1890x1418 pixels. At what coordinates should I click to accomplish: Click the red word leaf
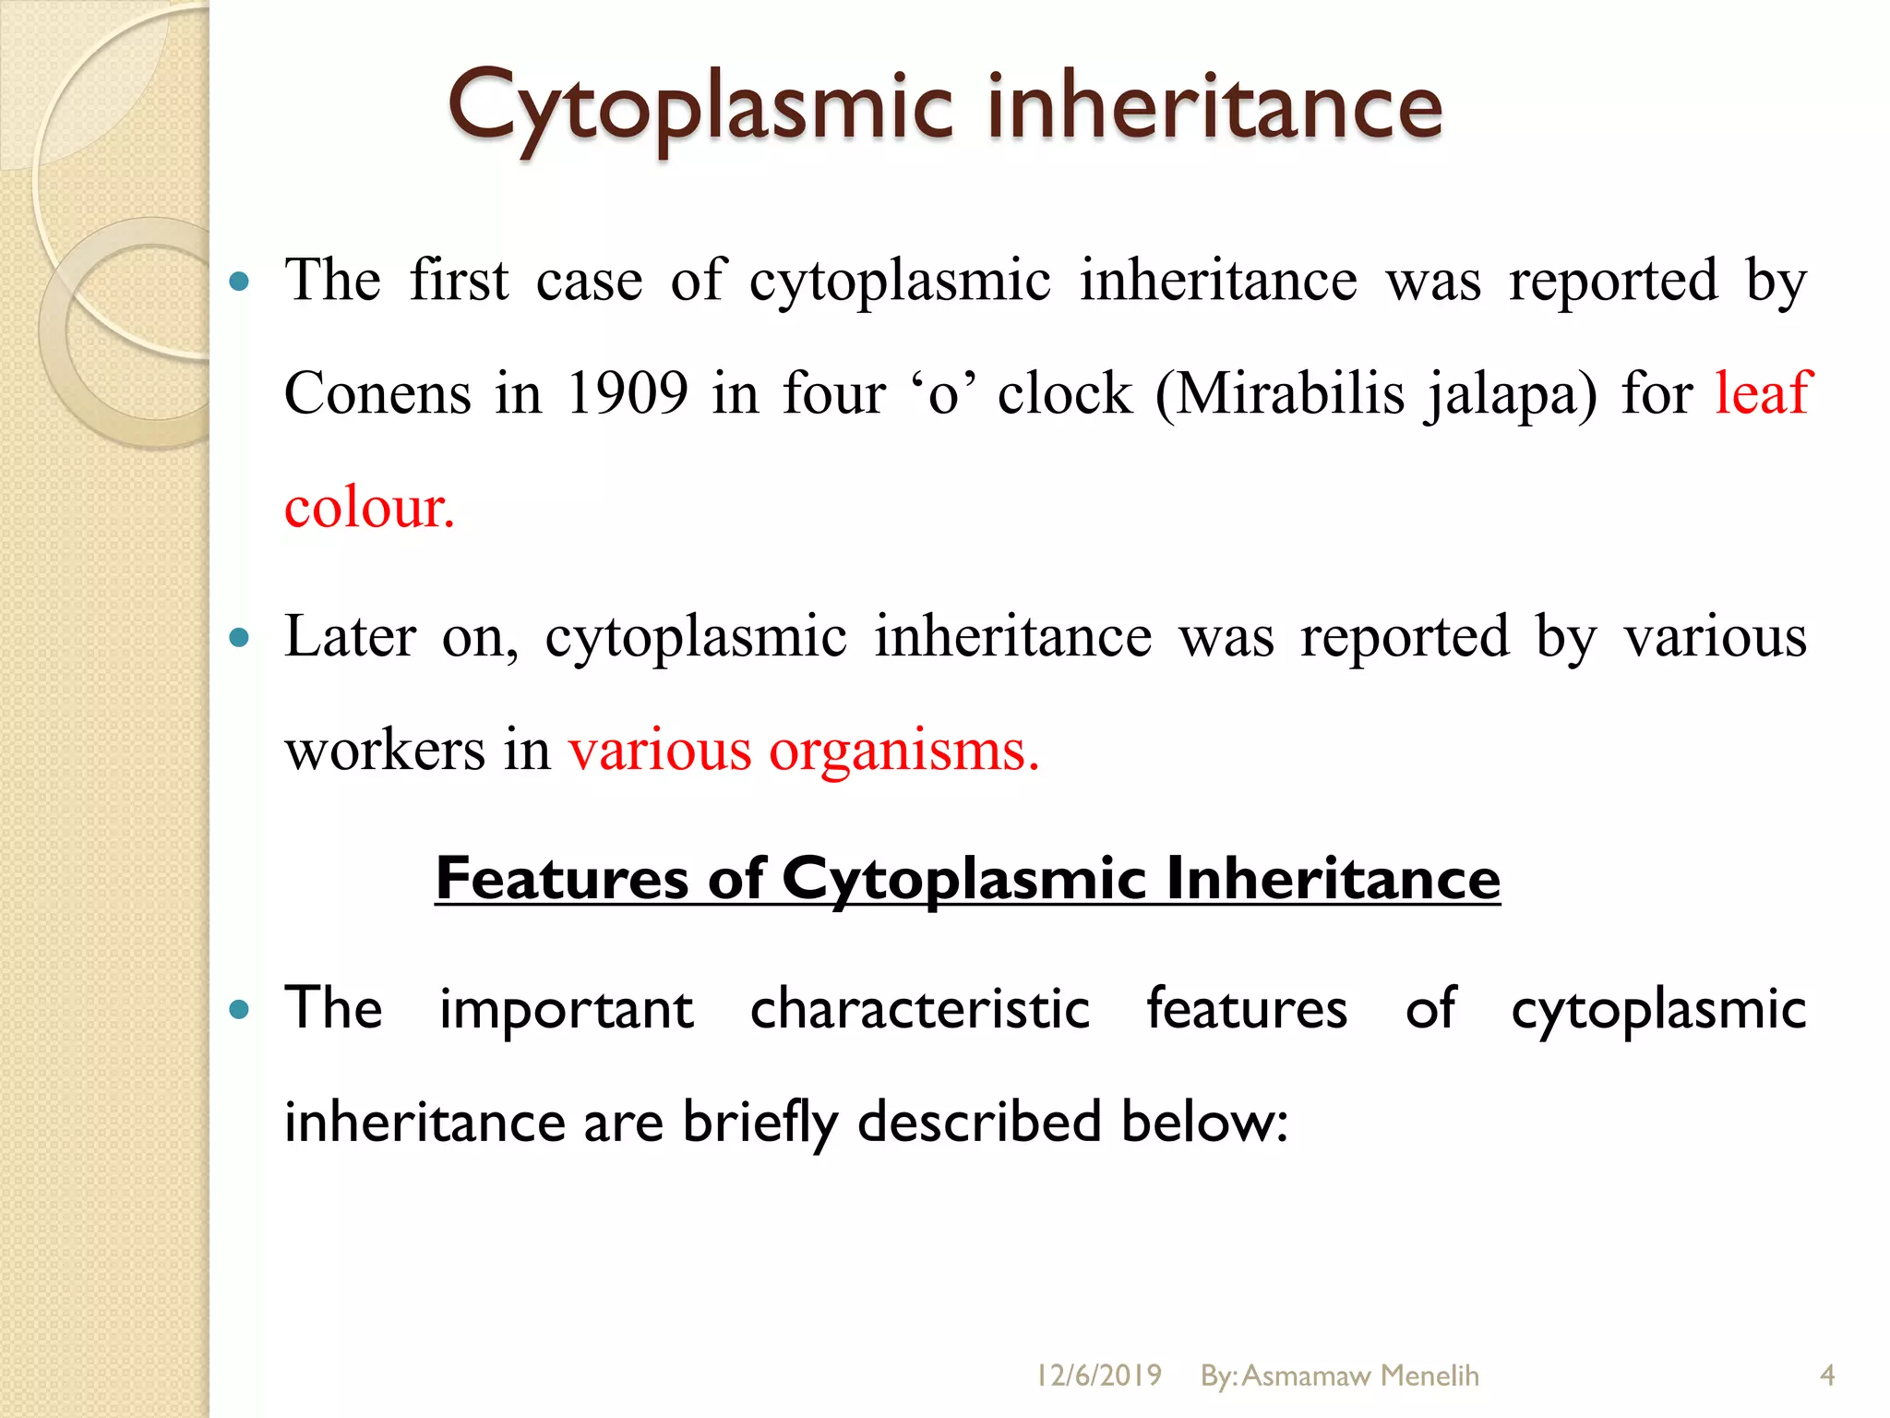click(x=1764, y=392)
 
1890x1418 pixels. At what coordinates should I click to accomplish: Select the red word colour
click(x=369, y=508)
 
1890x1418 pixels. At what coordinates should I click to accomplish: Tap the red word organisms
click(x=904, y=751)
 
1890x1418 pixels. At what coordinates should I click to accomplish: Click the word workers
click(x=384, y=750)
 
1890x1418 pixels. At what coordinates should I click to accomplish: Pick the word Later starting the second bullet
click(x=350, y=637)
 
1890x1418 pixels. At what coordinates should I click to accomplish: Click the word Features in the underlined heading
click(x=561, y=878)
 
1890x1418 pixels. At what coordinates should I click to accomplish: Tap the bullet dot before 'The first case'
click(x=239, y=282)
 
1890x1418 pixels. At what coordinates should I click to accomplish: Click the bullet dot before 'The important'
click(x=239, y=1009)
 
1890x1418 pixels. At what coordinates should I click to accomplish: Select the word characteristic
click(x=919, y=1008)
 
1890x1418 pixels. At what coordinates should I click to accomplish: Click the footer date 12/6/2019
click(x=1098, y=1376)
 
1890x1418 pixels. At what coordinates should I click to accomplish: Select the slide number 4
click(x=1826, y=1376)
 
